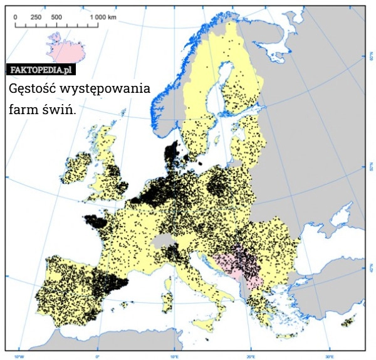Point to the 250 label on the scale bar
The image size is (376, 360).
tap(36, 17)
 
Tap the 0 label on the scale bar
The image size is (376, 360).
tap(16, 17)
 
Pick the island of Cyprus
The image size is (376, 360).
tap(347, 323)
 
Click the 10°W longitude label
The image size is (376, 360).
tap(19, 355)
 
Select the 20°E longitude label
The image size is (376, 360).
tap(250, 355)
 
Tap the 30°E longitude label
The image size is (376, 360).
tap(328, 355)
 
